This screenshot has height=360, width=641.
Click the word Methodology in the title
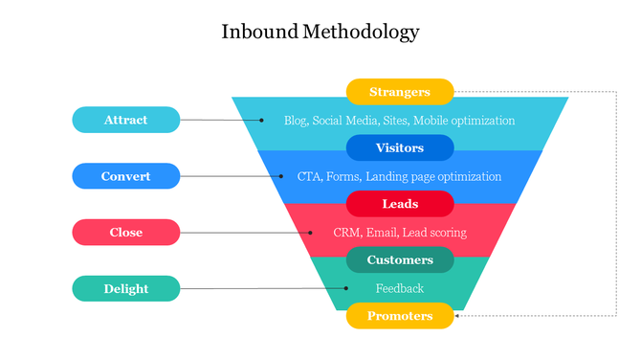(361, 32)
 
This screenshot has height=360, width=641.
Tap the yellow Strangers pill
(400, 92)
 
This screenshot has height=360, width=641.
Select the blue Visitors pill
(400, 148)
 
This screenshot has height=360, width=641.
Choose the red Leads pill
(400, 204)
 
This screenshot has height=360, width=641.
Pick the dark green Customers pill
(400, 259)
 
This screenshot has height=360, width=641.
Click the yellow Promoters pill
(400, 316)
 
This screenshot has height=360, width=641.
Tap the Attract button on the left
(125, 120)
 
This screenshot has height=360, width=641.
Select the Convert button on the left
(125, 176)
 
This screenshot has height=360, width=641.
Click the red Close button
(125, 233)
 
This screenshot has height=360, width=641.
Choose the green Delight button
(125, 288)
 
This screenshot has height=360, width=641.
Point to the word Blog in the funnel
(296, 121)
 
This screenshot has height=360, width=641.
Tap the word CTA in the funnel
(309, 176)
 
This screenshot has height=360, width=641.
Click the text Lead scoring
(437, 233)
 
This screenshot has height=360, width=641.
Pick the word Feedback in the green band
(400, 288)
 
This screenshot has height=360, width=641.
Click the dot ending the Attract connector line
(261, 121)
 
